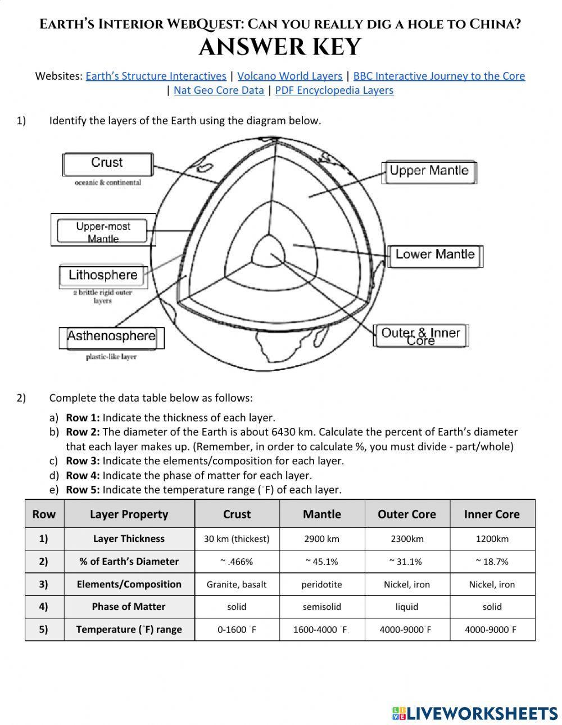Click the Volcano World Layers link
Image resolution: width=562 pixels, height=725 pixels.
pyautogui.click(x=289, y=76)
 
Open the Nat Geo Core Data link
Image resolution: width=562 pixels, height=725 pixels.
pyautogui.click(x=219, y=90)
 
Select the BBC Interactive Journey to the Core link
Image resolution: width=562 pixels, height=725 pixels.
pyautogui.click(x=439, y=76)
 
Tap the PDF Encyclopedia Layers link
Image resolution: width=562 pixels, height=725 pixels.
pyautogui.click(x=334, y=90)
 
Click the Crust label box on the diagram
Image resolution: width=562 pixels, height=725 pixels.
pyautogui.click(x=107, y=163)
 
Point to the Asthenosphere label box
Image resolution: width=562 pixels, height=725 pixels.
pyautogui.click(x=111, y=336)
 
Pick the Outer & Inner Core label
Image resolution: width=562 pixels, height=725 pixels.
pyautogui.click(x=420, y=336)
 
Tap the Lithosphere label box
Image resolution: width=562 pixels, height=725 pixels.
pyautogui.click(x=103, y=275)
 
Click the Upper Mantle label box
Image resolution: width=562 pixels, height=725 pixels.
pyautogui.click(x=429, y=171)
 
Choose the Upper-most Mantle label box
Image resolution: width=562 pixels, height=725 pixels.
pyautogui.click(x=103, y=230)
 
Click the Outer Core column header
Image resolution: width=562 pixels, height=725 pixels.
pyautogui.click(x=406, y=514)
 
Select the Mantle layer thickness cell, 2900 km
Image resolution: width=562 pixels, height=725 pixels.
pyautogui.click(x=321, y=539)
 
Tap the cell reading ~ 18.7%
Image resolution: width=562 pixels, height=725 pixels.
pyautogui.click(x=492, y=561)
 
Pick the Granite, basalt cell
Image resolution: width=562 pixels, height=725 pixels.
pyautogui.click(x=237, y=584)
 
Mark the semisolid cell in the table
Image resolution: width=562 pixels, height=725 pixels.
pyautogui.click(x=321, y=607)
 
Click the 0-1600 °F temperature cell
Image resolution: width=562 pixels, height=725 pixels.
pyautogui.click(x=237, y=630)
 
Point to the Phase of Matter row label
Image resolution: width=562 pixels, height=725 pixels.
pyautogui.click(x=129, y=607)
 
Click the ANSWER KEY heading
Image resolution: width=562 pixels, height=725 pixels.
pyautogui.click(x=280, y=48)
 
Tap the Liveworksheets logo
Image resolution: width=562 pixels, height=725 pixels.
pyautogui.click(x=475, y=713)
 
